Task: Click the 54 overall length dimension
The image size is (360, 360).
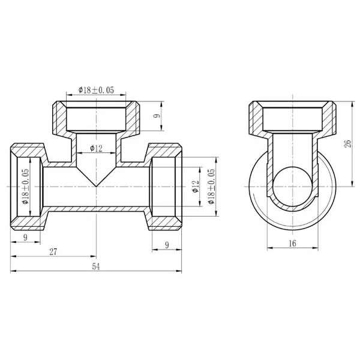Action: tap(96, 266)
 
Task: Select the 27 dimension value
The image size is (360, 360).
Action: tap(53, 252)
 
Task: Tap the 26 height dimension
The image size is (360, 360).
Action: tap(348, 143)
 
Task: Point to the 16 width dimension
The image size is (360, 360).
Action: tap(293, 243)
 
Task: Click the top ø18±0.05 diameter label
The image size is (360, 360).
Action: tap(96, 90)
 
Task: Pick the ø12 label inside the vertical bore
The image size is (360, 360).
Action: tap(96, 149)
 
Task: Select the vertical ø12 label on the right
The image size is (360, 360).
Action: tap(196, 187)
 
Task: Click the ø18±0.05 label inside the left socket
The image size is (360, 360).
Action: tap(25, 187)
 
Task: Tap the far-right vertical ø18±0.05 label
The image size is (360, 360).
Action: tap(211, 187)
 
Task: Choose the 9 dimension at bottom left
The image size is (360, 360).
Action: tap(25, 237)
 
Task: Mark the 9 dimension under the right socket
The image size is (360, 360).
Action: tap(167, 245)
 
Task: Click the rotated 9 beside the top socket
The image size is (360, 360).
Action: tap(157, 116)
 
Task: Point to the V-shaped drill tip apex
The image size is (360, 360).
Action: tap(96, 186)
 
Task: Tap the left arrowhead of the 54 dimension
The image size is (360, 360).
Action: tap(13, 271)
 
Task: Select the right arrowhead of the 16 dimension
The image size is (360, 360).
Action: tap(316, 248)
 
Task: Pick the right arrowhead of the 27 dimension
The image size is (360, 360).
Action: tap(94, 256)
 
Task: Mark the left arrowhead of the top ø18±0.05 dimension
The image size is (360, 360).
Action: tap(70, 94)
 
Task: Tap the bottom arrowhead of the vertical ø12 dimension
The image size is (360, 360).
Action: tap(200, 203)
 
